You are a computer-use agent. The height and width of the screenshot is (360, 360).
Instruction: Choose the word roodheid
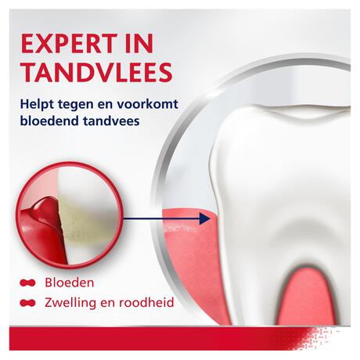tap(146, 302)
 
